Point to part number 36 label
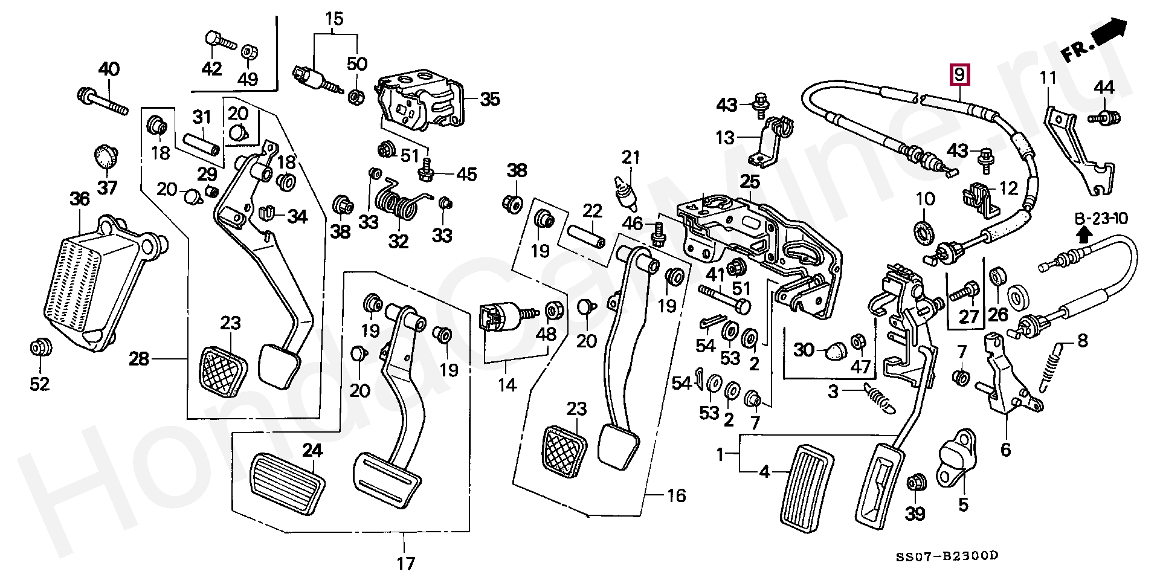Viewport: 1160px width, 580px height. [79, 199]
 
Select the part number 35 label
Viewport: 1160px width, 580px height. [490, 99]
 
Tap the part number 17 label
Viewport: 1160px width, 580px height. [405, 564]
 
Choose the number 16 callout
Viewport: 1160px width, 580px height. [676, 496]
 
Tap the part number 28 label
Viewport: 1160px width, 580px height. [139, 359]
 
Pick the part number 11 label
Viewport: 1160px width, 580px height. [1048, 78]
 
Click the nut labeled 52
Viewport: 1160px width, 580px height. [40, 348]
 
